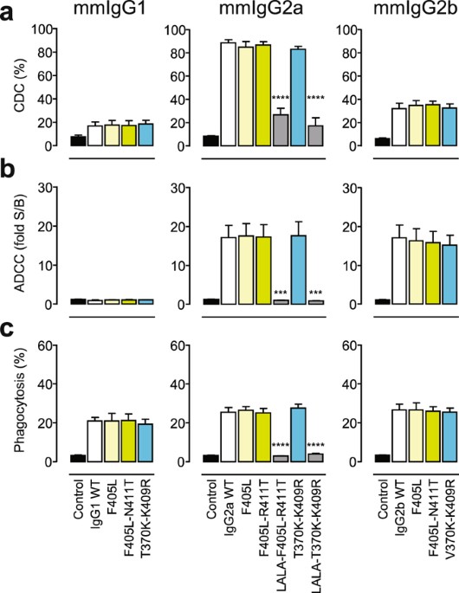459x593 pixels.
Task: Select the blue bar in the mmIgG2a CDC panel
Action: [x=301, y=97]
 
